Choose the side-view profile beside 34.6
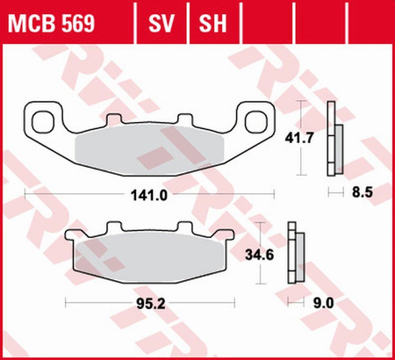click(x=295, y=255)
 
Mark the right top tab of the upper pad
click(x=183, y=119)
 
